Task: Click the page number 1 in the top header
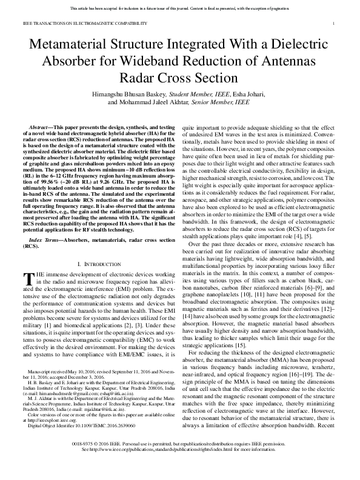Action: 334,23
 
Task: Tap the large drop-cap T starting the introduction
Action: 27,279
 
